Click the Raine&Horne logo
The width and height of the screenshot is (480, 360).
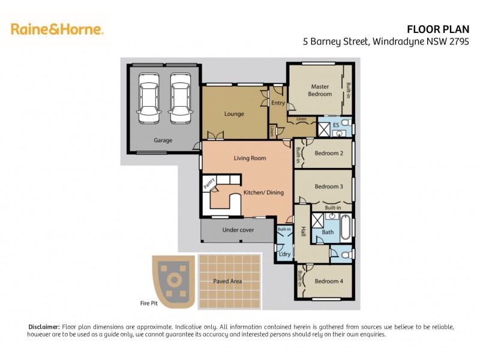click(x=57, y=29)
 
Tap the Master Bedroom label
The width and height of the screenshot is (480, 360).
click(x=320, y=90)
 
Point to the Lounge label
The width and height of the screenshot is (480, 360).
click(x=234, y=113)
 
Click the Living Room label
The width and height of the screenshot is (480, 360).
click(x=250, y=158)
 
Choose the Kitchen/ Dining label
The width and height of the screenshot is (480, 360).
click(x=263, y=193)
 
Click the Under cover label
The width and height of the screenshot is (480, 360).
click(x=238, y=230)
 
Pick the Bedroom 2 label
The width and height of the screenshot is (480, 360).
click(x=329, y=153)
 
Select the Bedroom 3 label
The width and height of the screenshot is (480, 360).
click(x=329, y=187)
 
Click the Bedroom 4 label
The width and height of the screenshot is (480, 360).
click(x=329, y=281)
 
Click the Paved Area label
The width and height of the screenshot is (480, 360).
click(x=227, y=281)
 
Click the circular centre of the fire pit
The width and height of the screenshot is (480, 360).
click(x=174, y=279)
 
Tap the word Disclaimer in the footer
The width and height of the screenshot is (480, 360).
click(x=44, y=326)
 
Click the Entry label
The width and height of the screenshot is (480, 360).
click(x=278, y=103)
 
